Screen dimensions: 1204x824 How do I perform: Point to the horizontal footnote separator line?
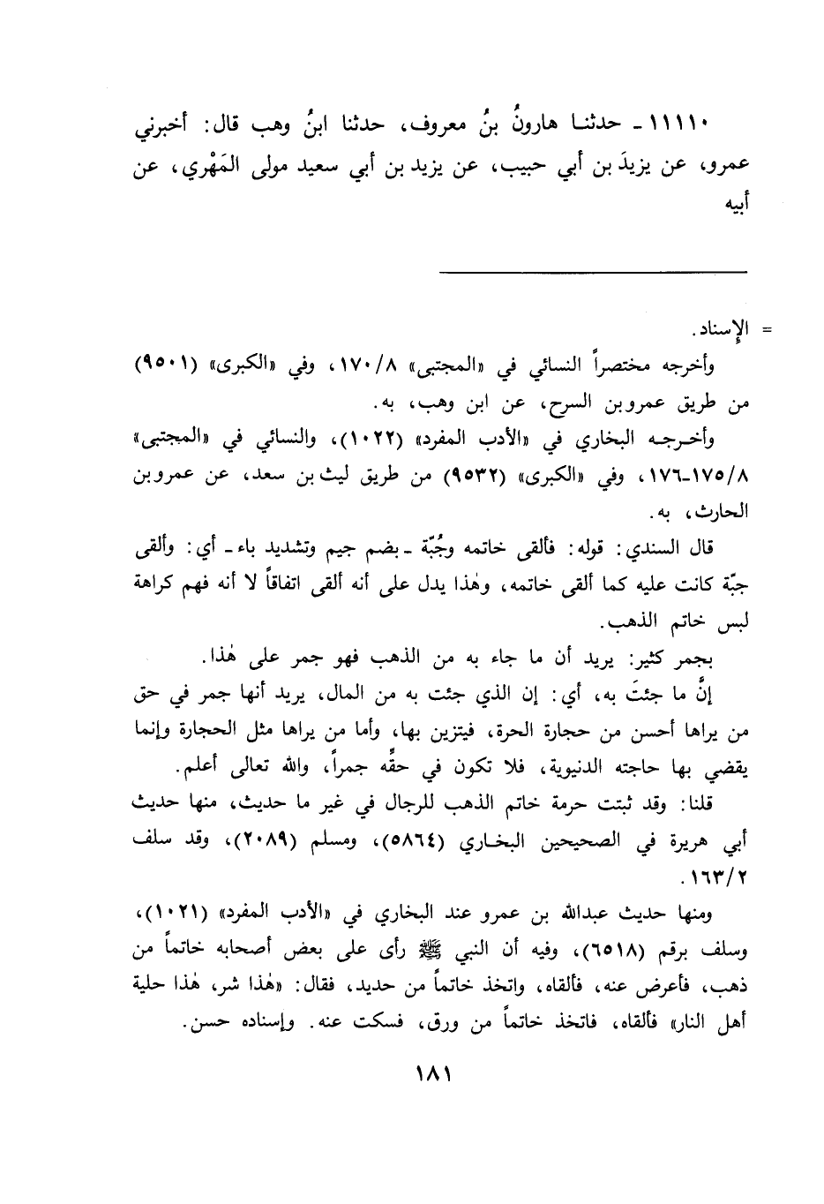594,272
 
